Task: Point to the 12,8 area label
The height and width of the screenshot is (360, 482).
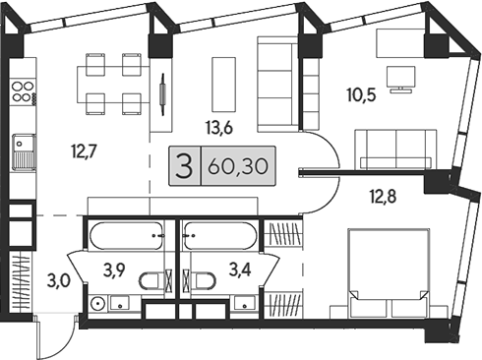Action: coord(383,195)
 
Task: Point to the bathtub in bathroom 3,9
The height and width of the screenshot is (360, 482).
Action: coord(129,238)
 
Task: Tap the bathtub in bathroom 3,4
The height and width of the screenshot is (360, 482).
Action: coord(222,238)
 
